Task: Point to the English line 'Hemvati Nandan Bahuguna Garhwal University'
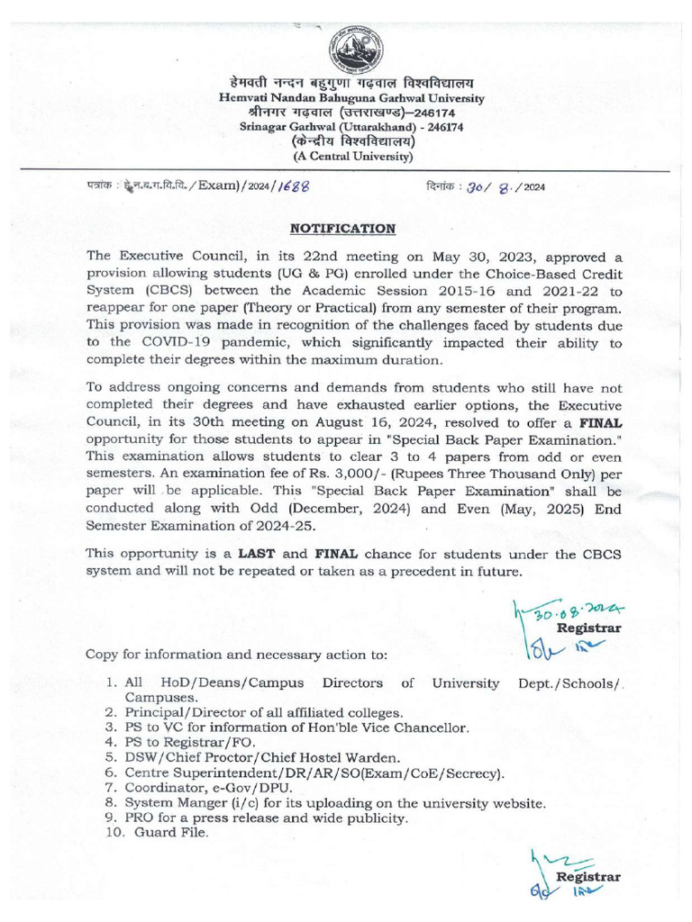(x=352, y=98)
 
